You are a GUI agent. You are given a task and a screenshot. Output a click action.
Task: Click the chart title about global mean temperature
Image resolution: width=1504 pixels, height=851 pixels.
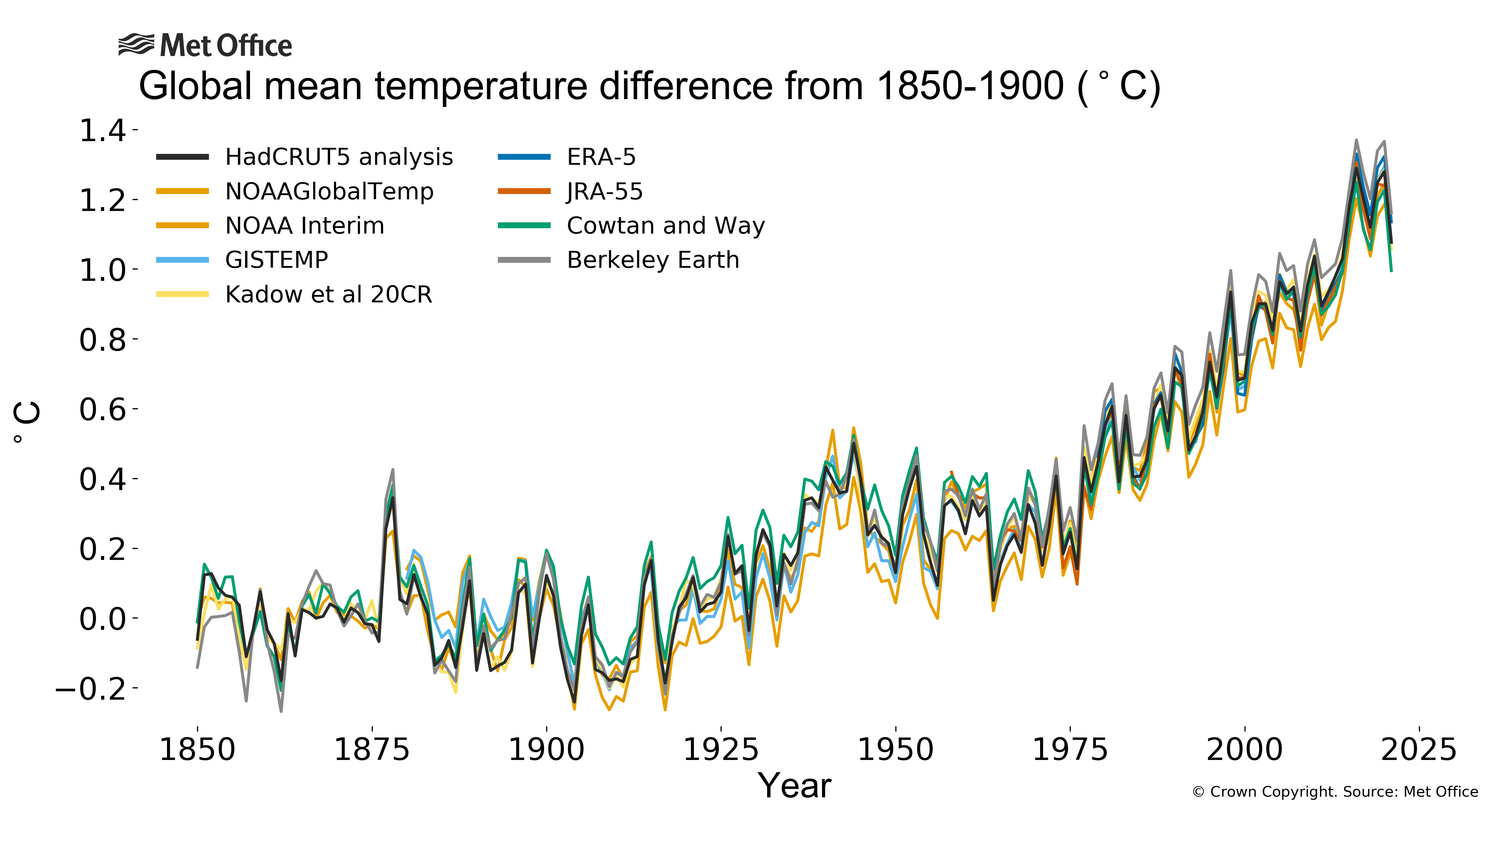649,86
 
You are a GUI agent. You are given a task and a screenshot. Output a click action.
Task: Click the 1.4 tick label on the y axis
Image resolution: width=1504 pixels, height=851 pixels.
102,130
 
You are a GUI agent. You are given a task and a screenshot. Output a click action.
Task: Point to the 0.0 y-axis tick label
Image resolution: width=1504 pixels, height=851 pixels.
102,619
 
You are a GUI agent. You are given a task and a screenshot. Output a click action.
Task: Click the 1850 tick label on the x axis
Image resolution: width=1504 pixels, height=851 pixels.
197,750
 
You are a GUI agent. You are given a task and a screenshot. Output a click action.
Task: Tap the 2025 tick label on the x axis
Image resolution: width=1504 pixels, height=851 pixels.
1419,750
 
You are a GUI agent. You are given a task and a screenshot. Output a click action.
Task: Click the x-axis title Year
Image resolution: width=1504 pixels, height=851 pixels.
794,786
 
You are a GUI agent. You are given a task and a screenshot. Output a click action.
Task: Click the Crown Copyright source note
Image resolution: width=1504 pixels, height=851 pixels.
1335,792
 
